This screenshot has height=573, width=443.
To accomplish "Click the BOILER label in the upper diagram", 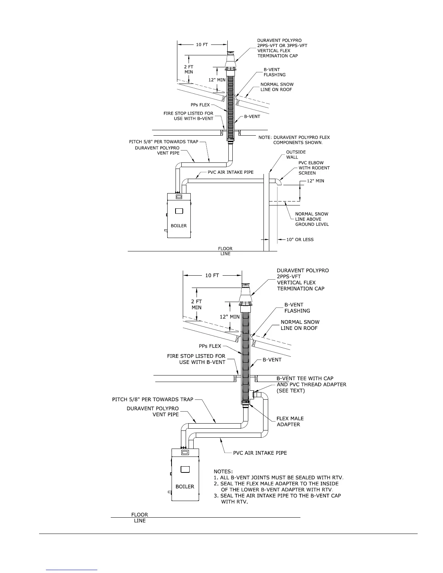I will (x=179, y=226).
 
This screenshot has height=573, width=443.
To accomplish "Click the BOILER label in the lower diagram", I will (x=185, y=487).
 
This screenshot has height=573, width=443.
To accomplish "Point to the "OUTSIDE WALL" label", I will (x=296, y=154).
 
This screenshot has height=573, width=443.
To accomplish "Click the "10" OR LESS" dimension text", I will (x=300, y=239).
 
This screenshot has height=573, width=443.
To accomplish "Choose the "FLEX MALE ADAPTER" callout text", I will (x=290, y=421).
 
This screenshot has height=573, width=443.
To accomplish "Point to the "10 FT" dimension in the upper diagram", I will (x=202, y=44).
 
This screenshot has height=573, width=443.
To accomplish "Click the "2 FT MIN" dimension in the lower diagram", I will (x=197, y=304).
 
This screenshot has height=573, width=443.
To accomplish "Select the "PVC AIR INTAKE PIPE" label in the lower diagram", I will (x=260, y=453).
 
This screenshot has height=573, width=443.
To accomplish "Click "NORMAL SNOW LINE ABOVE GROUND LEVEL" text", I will (x=312, y=219).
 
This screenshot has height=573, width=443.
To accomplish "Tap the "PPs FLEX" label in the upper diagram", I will (x=200, y=105).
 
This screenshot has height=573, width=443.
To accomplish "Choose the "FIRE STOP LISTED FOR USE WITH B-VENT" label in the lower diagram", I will (x=196, y=359).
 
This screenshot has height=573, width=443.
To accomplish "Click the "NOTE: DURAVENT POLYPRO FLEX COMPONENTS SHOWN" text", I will (x=294, y=140).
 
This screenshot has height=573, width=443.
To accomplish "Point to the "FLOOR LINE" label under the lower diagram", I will (x=140, y=518).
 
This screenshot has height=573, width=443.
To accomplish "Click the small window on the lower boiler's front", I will (x=185, y=470).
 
